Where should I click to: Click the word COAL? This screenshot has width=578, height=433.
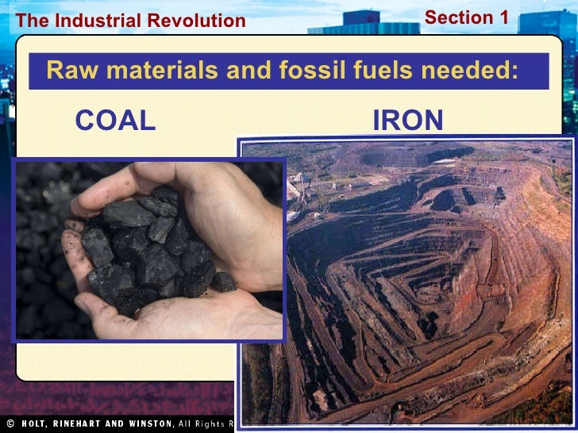(x=115, y=121)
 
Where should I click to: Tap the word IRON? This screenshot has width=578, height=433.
(x=407, y=121)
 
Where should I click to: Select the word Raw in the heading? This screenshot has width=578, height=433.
(x=66, y=71)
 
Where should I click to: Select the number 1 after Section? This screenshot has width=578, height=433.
(x=501, y=17)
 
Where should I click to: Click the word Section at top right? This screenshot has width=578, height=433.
(x=458, y=17)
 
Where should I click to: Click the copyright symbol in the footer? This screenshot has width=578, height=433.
(x=10, y=423)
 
